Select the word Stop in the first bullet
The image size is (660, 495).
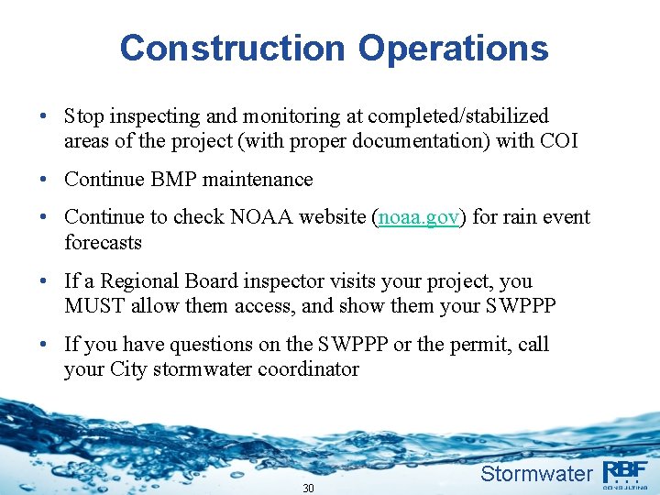tap(83, 116)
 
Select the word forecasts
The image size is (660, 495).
tap(103, 243)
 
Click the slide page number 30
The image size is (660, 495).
tap(308, 488)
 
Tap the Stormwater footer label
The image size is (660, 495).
tap(536, 474)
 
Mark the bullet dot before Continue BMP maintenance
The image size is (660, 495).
tap(44, 180)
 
